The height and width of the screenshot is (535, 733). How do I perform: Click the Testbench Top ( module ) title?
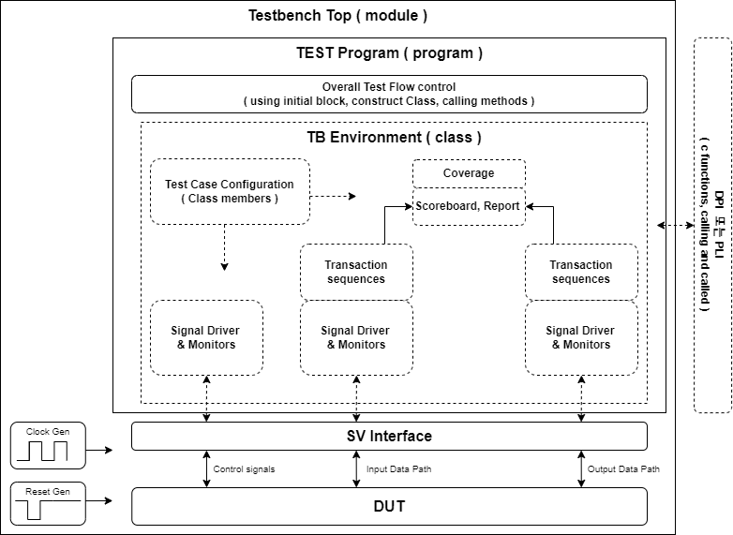[x=337, y=16]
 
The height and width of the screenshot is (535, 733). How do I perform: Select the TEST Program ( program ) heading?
[x=389, y=53]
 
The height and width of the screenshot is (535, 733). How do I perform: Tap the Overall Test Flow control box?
[x=389, y=94]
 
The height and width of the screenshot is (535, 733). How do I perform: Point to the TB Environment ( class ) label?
[x=394, y=138]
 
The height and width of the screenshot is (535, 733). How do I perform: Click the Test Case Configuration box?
[x=230, y=192]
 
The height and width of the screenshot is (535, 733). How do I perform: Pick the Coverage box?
[x=469, y=173]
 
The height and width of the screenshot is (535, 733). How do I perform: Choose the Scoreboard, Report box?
[x=469, y=206]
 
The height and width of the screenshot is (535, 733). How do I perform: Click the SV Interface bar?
[x=389, y=436]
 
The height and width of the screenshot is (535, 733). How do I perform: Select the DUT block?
[x=389, y=506]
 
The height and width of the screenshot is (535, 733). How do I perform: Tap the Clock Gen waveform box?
[x=47, y=446]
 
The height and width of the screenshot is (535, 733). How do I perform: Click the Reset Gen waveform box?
[x=47, y=504]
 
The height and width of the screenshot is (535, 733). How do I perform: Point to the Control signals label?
[x=244, y=469]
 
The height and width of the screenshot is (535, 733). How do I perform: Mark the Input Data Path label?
[x=399, y=469]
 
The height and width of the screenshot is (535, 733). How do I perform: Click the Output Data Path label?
[x=623, y=469]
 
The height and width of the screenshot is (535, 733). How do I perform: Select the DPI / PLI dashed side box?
[x=711, y=225]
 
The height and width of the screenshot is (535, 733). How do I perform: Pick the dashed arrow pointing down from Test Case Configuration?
[x=224, y=248]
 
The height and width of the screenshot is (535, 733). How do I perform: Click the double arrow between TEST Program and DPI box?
[x=674, y=225]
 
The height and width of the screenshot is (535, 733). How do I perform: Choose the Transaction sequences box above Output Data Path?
[x=581, y=272]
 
